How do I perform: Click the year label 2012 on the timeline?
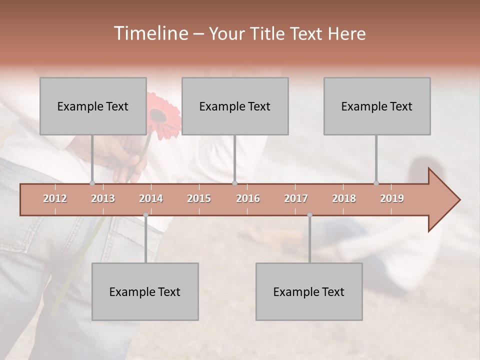(x=55, y=198)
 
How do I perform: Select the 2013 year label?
(x=103, y=198)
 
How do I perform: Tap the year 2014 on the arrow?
(x=151, y=198)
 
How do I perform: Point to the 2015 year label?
(x=199, y=198)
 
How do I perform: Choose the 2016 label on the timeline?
(x=248, y=198)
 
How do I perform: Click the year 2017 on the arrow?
(x=296, y=198)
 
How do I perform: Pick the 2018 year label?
(x=344, y=198)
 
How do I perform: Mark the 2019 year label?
(x=392, y=198)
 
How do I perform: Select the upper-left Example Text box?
(x=93, y=106)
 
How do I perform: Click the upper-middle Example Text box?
(x=235, y=106)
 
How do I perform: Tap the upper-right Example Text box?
(x=377, y=106)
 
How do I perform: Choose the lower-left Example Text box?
(x=145, y=291)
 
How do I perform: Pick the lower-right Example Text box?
(x=309, y=291)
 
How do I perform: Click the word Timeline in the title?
(x=150, y=33)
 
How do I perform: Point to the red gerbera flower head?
(x=161, y=115)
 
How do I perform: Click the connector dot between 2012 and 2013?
(x=92, y=183)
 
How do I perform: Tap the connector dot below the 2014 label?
(x=145, y=215)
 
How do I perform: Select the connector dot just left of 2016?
(x=234, y=183)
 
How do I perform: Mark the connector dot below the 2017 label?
(x=309, y=215)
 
